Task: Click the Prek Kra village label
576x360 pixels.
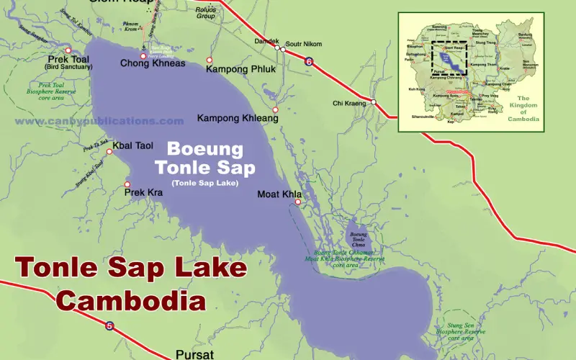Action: tap(144, 193)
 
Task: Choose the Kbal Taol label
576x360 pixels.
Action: tap(134, 145)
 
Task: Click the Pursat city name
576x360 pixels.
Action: tap(194, 354)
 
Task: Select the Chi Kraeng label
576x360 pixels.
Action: tap(349, 104)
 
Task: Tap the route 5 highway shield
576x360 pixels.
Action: tap(109, 325)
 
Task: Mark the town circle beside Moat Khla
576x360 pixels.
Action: tap(297, 202)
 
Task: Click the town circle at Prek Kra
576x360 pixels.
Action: tap(127, 184)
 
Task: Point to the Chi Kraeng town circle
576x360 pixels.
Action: tap(374, 102)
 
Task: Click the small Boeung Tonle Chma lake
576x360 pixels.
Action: tap(358, 237)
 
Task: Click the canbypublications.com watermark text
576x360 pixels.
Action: tap(99, 122)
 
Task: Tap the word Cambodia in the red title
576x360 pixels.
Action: tap(131, 299)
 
